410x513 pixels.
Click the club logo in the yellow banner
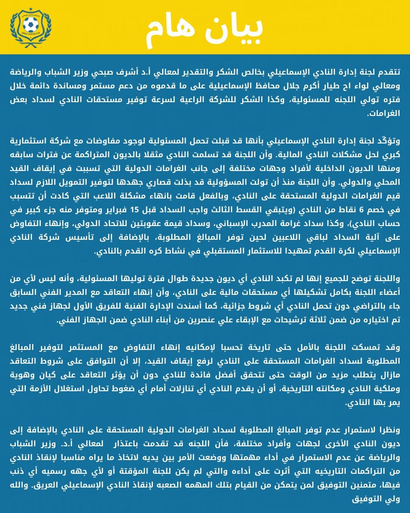(31, 28)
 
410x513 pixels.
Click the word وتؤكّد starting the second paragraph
(387, 141)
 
